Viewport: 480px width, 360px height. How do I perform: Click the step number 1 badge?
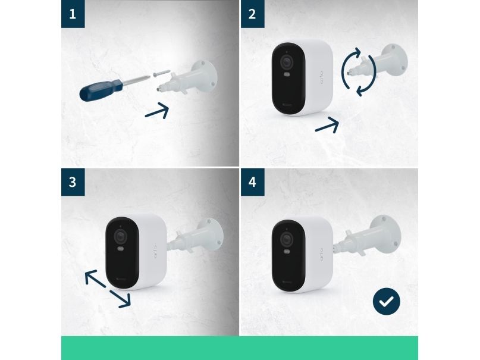[73, 14]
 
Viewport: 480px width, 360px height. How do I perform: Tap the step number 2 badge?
[253, 14]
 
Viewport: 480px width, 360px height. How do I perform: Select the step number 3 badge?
[73, 182]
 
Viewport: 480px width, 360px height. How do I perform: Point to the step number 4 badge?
[253, 182]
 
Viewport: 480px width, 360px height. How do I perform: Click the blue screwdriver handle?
[101, 89]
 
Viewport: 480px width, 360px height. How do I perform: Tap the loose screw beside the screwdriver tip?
[161, 73]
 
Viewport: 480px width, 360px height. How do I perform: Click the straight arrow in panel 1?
[157, 111]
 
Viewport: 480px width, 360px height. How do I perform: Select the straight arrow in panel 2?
[327, 125]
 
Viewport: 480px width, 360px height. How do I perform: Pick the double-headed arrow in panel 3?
[108, 289]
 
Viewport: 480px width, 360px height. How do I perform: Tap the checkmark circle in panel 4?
[387, 302]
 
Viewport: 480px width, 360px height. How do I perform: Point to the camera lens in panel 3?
[121, 236]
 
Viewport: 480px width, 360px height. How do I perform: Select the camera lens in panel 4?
[287, 239]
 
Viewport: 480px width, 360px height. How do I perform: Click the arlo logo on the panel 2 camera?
[321, 78]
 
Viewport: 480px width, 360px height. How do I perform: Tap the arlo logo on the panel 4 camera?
[321, 255]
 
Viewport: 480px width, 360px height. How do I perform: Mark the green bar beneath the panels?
[240, 348]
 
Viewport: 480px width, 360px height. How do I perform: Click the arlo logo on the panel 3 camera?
[155, 252]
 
